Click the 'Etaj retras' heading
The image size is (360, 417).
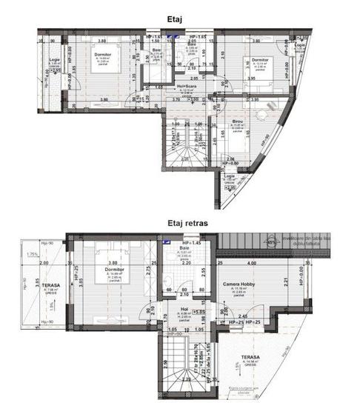tap(180, 221)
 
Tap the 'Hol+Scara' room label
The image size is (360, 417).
tap(173, 87)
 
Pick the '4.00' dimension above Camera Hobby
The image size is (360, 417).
tap(253, 263)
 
